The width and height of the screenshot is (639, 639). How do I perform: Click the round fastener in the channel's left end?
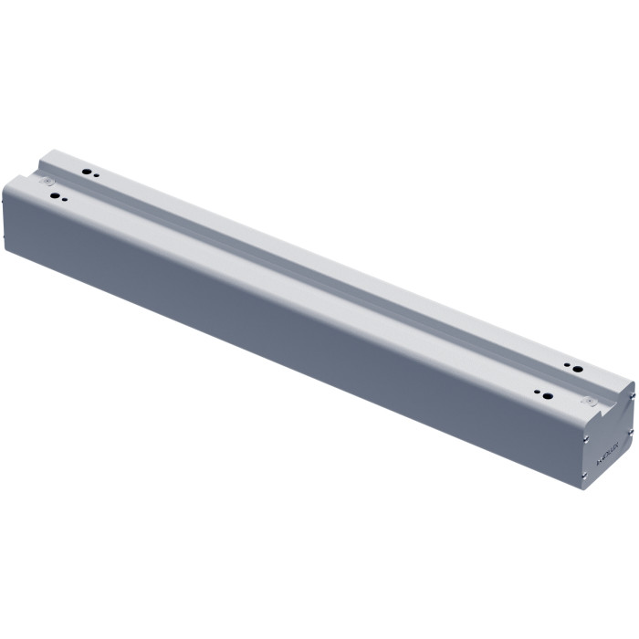45,182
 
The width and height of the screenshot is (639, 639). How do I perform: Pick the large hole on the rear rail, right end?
577,367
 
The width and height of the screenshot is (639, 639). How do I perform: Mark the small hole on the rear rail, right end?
568,365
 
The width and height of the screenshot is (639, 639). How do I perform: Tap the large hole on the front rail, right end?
546,395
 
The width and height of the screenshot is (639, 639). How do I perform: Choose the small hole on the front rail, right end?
537,393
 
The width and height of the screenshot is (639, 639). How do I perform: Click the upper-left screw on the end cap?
585,437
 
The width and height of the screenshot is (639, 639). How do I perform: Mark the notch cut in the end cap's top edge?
610,407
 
